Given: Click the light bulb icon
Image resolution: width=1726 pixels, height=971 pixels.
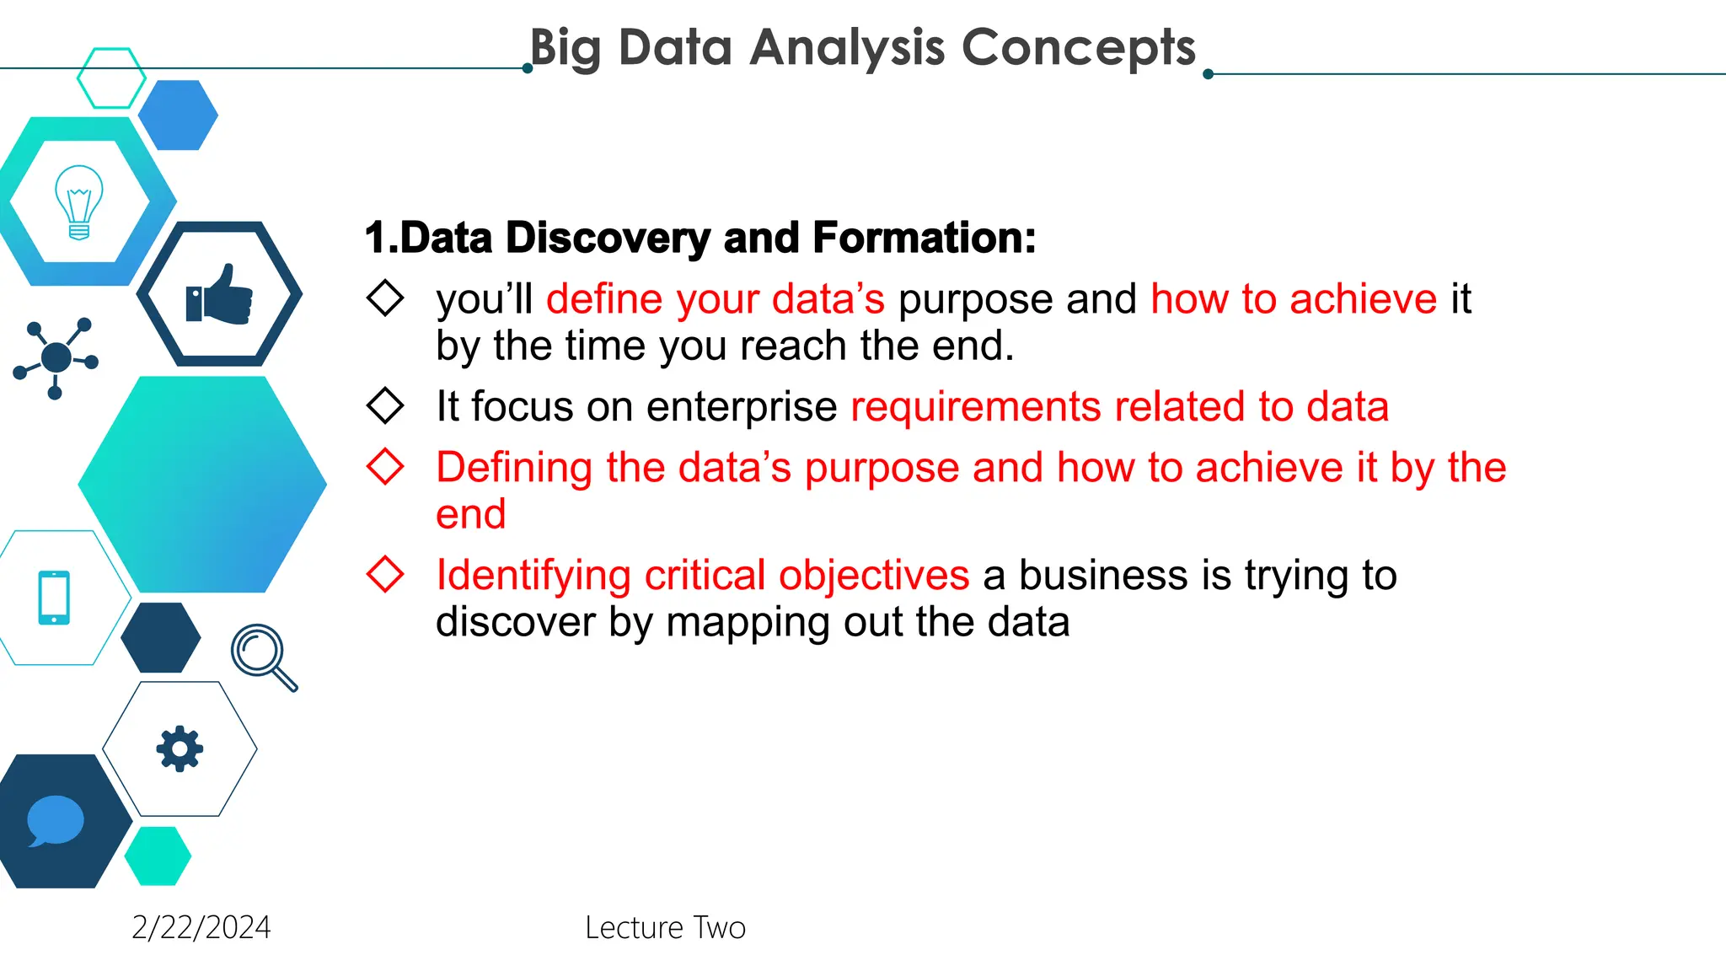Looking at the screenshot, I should [78, 202].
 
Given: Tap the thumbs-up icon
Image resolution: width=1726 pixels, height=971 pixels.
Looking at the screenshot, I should [219, 296].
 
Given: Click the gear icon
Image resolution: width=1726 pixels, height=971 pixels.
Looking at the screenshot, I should [180, 748].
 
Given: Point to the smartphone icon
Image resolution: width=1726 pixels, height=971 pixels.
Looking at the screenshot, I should [54, 598].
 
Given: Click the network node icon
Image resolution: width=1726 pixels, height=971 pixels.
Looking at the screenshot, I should [56, 358].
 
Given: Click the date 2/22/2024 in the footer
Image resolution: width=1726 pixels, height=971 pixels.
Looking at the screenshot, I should [201, 927].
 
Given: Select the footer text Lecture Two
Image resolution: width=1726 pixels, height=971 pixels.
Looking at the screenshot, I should [665, 927].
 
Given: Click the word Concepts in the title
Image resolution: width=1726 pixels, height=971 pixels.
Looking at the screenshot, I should [1078, 47].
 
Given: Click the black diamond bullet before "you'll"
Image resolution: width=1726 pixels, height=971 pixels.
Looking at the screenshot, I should [385, 298].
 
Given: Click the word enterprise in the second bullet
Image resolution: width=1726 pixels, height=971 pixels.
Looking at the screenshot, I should [742, 407].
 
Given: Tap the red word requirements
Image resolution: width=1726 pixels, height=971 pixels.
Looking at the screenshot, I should [975, 407].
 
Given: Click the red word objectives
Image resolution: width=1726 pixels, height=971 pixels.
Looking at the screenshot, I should [874, 576].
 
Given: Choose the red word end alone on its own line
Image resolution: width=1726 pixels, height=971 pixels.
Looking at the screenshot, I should [470, 514].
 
